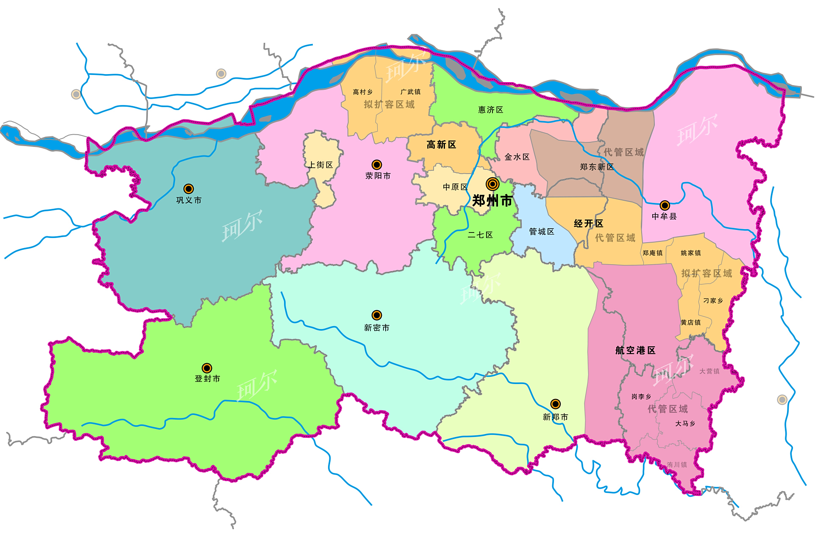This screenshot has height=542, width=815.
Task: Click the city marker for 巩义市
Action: coord(189,189)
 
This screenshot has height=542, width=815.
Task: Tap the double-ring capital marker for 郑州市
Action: coord(492,184)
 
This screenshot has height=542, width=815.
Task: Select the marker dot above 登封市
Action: coord(207,368)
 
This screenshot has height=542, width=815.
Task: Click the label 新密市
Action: coord(376,328)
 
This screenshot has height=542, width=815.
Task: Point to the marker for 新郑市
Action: coord(555,404)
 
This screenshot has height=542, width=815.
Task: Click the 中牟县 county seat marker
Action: coord(665,205)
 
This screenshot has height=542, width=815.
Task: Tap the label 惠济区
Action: coord(490,110)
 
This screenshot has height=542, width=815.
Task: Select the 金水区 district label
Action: coord(517,157)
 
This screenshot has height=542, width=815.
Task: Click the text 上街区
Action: coord(320,165)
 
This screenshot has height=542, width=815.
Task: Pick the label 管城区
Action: coord(541,232)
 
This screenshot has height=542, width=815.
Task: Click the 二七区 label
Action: coord(480,235)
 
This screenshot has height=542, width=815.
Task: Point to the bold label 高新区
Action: coord(441,145)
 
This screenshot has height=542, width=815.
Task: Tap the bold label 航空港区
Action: coord(635,350)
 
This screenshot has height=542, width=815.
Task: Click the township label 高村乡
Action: coord(362,92)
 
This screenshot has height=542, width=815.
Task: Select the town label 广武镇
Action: coord(410,92)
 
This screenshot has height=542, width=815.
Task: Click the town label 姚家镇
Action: coord(690,253)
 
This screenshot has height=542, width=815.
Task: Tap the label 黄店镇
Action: coord(690,323)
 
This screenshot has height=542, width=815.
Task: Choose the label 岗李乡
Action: coord(641,397)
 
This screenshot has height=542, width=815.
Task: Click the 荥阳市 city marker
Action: coord(376,165)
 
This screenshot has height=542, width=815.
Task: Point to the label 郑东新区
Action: coord(596,167)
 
